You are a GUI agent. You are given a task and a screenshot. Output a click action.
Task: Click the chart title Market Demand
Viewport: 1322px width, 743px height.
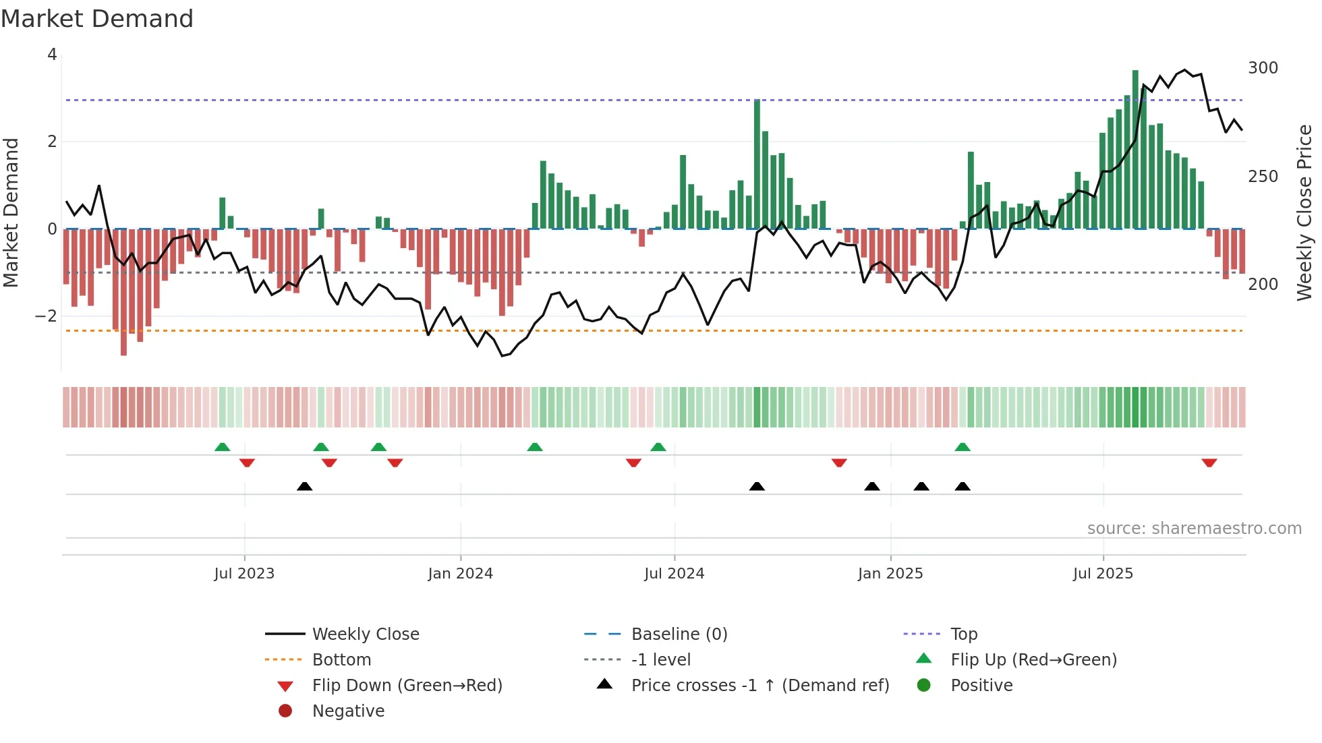pyautogui.click(x=97, y=19)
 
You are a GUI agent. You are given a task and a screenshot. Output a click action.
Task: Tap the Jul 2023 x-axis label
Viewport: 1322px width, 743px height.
pyautogui.click(x=244, y=574)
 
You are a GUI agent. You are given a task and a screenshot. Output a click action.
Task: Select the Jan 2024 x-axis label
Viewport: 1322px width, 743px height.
pyautogui.click(x=461, y=574)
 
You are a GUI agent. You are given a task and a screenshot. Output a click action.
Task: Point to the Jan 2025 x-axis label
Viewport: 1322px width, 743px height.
pyautogui.click(x=890, y=574)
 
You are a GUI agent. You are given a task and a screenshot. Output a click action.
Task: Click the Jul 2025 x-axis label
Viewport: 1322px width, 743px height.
pyautogui.click(x=1103, y=574)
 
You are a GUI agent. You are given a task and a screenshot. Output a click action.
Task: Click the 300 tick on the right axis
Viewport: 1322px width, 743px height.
pyautogui.click(x=1263, y=68)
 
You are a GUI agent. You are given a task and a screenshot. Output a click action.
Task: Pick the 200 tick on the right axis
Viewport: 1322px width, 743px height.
pyautogui.click(x=1263, y=285)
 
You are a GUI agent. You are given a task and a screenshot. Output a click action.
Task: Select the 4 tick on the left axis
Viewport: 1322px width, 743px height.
pyautogui.click(x=52, y=55)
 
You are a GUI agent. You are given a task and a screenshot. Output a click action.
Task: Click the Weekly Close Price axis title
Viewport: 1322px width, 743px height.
pyautogui.click(x=1304, y=212)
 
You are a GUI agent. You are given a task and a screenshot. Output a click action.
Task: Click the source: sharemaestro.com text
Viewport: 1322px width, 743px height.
pyautogui.click(x=1194, y=529)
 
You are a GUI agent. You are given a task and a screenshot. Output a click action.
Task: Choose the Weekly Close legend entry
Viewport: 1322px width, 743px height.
pyautogui.click(x=365, y=634)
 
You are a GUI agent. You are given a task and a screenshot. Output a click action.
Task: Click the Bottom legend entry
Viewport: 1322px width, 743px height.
pyautogui.click(x=341, y=660)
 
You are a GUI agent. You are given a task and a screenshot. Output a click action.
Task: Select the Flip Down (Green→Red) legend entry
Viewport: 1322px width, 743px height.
pyautogui.click(x=407, y=686)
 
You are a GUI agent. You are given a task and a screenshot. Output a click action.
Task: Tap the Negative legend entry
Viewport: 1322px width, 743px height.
pyautogui.click(x=348, y=711)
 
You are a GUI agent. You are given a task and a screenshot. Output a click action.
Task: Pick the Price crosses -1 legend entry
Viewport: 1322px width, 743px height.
pyautogui.click(x=759, y=686)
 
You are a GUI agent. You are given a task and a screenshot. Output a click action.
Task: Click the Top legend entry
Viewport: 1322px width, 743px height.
pyautogui.click(x=964, y=634)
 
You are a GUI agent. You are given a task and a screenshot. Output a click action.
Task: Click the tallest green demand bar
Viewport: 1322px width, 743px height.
pyautogui.click(x=1135, y=150)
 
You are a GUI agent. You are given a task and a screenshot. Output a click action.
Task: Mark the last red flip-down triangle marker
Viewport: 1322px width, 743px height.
pyautogui.click(x=1209, y=463)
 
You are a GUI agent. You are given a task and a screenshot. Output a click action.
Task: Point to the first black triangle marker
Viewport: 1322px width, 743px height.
pyautogui.click(x=305, y=486)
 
